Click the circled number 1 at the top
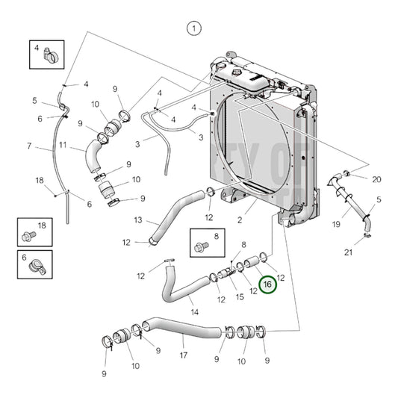pyautogui.click(x=193, y=29)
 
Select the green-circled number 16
pyautogui.click(x=267, y=285)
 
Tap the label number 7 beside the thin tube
pyautogui.click(x=29, y=146)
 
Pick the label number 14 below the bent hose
pyautogui.click(x=194, y=311)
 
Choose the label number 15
pyautogui.click(x=239, y=297)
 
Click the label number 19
pyautogui.click(x=336, y=223)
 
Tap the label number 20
pyautogui.click(x=376, y=179)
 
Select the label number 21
pyautogui.click(x=369, y=252)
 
